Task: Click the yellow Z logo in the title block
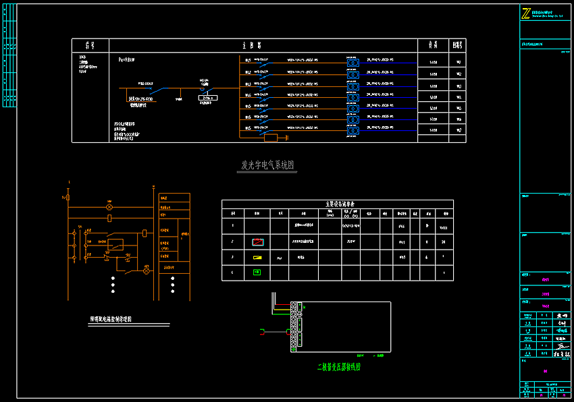pos(525,13)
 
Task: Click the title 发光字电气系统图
pos(268,165)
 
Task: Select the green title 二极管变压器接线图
pos(339,368)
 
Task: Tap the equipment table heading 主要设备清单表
pos(336,204)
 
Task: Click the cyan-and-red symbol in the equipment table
pos(257,241)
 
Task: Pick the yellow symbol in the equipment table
pos(257,258)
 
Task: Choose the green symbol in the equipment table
pos(257,272)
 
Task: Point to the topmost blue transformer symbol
pos(353,62)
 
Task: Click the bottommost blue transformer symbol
pos(353,131)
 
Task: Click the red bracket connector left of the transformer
pos(263,331)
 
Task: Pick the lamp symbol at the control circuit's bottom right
pos(146,268)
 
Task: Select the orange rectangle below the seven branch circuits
pos(271,138)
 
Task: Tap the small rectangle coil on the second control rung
pos(109,219)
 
